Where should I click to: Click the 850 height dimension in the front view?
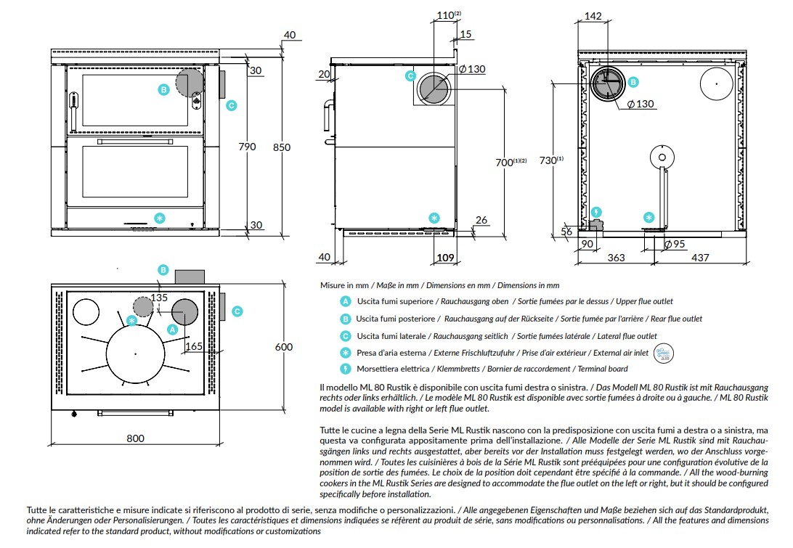pos(282,147)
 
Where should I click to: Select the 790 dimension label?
pos(247,147)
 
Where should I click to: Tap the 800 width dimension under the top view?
pos(135,438)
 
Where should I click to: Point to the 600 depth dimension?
pos(284,347)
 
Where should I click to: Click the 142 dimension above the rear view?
pos(593,16)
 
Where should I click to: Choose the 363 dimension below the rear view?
pos(616,258)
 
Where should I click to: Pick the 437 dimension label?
pos(700,258)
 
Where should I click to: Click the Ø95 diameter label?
pos(674,244)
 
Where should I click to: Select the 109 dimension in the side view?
pos(445,258)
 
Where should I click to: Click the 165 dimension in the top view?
pos(194,346)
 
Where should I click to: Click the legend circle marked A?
pos(346,301)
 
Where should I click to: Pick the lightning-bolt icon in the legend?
pos(346,369)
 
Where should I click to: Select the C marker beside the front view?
pos(231,106)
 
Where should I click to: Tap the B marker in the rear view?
pos(633,82)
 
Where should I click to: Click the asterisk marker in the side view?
pos(434,218)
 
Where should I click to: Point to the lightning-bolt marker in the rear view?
pos(596,213)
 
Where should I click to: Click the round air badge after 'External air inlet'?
pos(664,353)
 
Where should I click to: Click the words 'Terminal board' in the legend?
pos(603,369)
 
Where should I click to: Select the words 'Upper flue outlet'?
pos(644,301)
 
